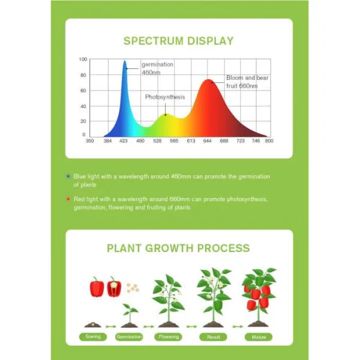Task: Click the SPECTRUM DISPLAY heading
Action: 178,41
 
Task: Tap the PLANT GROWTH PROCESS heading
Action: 178,248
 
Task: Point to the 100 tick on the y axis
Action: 83,59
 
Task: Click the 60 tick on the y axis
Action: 83,91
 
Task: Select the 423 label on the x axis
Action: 123,141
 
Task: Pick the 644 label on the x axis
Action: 207,141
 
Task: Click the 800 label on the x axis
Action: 269,141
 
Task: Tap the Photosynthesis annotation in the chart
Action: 165,97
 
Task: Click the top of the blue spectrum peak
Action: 125,61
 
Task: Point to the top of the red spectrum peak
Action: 208,80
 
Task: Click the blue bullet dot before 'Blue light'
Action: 68,176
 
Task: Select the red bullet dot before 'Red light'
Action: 68,199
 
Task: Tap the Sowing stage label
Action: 93,337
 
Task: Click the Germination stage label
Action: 129,337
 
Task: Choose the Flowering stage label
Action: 169,337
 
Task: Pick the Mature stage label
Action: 259,337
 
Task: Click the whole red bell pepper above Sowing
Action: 97,287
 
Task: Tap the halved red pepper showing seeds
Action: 114,287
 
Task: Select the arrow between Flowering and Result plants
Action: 192,326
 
